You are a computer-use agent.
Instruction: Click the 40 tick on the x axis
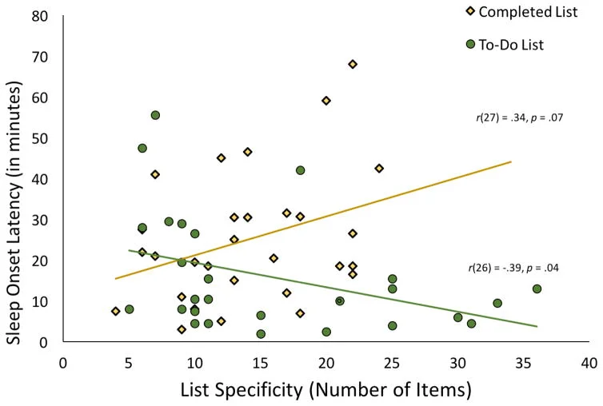tap(589, 361)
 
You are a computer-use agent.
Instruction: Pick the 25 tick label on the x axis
tap(392, 361)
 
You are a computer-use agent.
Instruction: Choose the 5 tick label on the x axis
tap(129, 361)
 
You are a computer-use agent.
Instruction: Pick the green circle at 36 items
tap(537, 289)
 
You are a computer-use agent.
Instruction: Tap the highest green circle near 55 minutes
tap(155, 115)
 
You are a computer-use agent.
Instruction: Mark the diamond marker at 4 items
tap(115, 311)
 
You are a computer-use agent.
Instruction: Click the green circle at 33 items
tap(497, 303)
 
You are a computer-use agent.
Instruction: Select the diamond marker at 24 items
tap(379, 168)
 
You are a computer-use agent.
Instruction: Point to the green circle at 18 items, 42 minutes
tap(300, 170)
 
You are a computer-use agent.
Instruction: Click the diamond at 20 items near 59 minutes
tap(326, 101)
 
